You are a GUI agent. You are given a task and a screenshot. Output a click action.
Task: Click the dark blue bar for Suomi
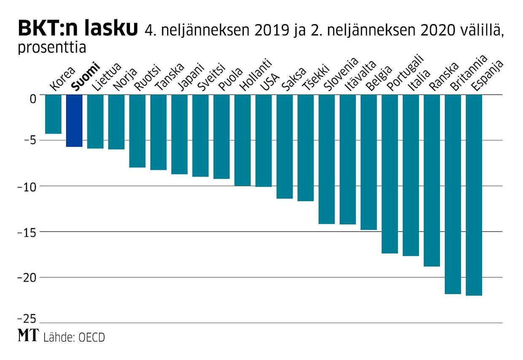click(74, 121)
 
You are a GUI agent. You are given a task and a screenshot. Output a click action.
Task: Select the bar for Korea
click(53, 114)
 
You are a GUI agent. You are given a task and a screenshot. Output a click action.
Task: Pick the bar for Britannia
click(453, 194)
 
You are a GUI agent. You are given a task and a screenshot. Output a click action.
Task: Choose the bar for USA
click(264, 140)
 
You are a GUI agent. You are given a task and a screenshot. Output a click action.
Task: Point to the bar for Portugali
click(390, 174)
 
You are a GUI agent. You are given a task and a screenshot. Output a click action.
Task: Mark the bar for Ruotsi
click(137, 131)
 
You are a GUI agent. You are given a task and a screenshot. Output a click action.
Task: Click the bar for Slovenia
click(326, 159)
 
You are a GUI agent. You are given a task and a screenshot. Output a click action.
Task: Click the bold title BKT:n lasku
click(78, 28)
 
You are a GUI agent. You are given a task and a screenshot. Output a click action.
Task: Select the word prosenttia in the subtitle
click(52, 48)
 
